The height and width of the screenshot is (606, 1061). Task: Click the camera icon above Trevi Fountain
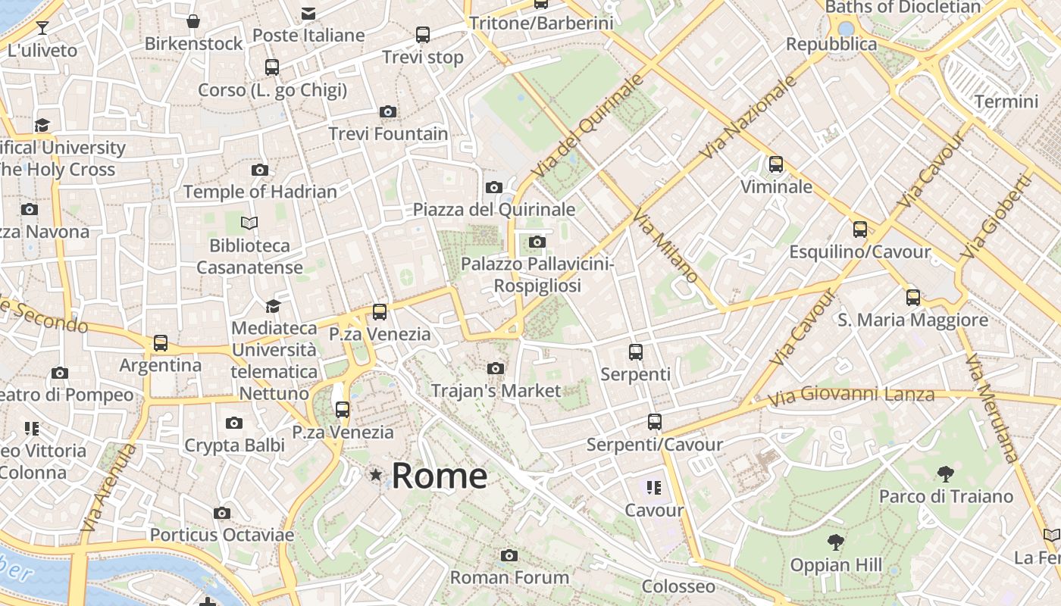click(388, 112)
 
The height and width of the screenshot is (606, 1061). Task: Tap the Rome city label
click(440, 476)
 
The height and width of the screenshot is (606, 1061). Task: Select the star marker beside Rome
click(375, 475)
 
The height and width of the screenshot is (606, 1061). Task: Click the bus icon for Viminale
click(775, 164)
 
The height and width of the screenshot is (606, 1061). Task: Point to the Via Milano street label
click(665, 245)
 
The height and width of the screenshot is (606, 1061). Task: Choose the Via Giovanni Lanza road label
click(851, 395)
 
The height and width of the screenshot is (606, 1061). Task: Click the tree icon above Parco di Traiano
click(945, 474)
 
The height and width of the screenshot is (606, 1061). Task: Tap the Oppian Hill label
click(836, 565)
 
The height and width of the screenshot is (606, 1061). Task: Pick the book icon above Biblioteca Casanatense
click(249, 223)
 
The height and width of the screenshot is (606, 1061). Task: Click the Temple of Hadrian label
click(260, 192)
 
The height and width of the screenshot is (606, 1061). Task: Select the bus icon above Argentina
click(161, 343)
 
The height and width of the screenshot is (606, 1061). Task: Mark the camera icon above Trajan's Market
click(496, 369)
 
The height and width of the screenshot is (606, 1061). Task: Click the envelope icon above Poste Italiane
click(308, 13)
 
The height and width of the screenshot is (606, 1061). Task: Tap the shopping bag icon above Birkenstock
click(193, 21)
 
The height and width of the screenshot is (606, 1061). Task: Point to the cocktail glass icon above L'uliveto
click(42, 28)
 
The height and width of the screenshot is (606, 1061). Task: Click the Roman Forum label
click(509, 577)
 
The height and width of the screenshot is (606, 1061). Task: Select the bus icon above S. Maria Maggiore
click(913, 298)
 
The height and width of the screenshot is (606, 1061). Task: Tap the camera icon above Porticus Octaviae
click(221, 514)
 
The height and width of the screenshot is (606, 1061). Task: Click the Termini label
click(1006, 102)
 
